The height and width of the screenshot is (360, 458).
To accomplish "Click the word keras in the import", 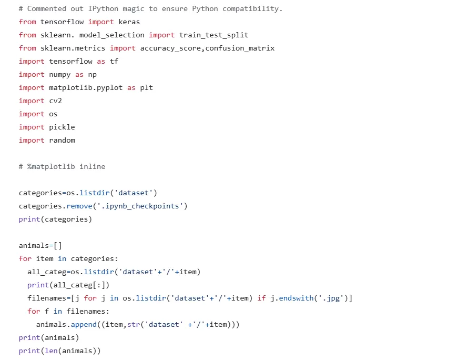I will pyautogui.click(x=129, y=22).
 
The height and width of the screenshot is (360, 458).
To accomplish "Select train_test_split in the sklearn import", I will pyautogui.click(x=213, y=35).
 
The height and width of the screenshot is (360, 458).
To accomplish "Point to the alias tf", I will pyautogui.click(x=114, y=61).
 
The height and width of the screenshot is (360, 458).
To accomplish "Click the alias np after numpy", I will pyautogui.click(x=93, y=74).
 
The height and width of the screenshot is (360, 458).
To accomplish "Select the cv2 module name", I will pyautogui.click(x=55, y=101).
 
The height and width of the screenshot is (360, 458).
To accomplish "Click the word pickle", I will pyautogui.click(x=62, y=127).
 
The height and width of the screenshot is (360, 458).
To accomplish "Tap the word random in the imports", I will pyautogui.click(x=62, y=140).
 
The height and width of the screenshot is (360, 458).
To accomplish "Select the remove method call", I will pyautogui.click(x=79, y=206).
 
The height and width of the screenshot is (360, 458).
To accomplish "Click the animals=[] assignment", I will pyautogui.click(x=40, y=245).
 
